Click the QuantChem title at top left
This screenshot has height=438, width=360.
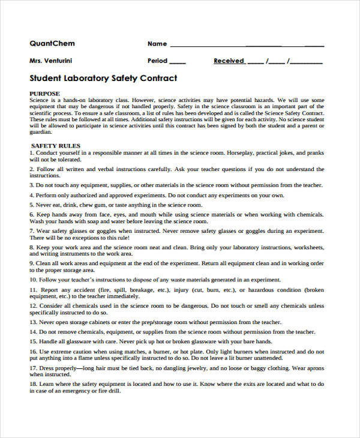[x=52, y=43]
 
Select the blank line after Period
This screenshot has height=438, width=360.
[x=178, y=62]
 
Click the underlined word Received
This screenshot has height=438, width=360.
[x=229, y=61]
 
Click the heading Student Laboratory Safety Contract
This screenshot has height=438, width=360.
[x=103, y=79]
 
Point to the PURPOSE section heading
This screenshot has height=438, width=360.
[x=45, y=94]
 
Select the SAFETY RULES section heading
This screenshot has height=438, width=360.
[x=55, y=146]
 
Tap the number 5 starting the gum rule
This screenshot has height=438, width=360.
[x=32, y=205]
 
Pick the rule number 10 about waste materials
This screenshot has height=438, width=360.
[x=34, y=279]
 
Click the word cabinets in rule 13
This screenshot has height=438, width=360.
[x=98, y=322]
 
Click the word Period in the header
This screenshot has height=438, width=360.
[x=157, y=61]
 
